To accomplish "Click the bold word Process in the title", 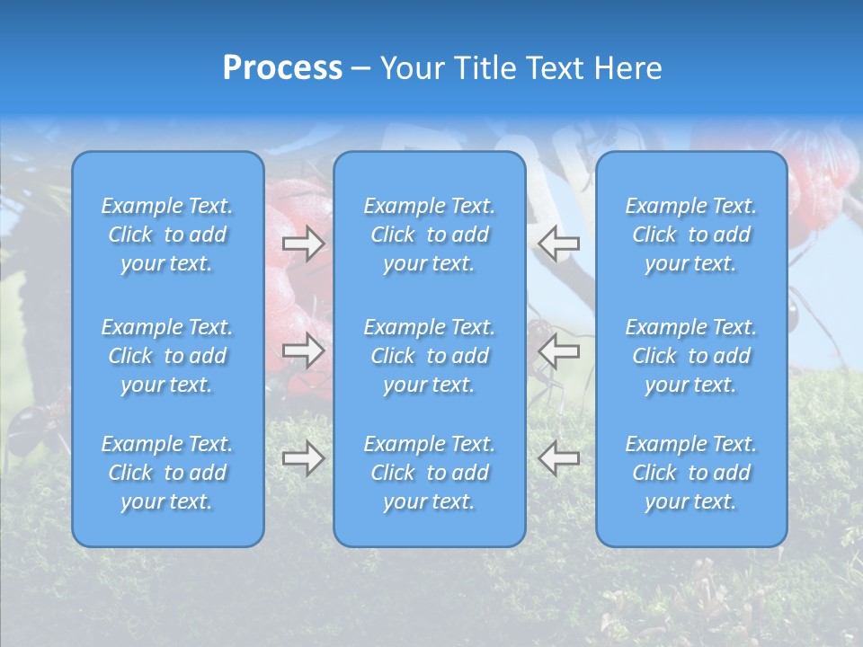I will [x=282, y=68].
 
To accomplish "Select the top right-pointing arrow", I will [x=304, y=243].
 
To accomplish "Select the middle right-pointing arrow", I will [x=304, y=350].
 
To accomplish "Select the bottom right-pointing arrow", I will [x=304, y=458].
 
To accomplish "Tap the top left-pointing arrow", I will [x=558, y=243].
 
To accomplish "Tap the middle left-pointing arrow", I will [x=558, y=350].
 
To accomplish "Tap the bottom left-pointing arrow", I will [x=558, y=458].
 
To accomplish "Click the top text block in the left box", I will [x=167, y=235].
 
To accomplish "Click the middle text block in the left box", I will [x=167, y=356].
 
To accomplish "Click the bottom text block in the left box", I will [x=167, y=473].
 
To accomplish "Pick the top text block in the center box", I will [x=430, y=235].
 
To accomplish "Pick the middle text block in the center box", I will [x=430, y=356].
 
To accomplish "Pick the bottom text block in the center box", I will [x=430, y=473].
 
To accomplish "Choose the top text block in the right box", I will [x=691, y=235].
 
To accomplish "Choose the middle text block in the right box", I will [x=691, y=356].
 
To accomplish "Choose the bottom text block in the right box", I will [x=691, y=473].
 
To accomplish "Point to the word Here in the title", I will [x=629, y=68].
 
